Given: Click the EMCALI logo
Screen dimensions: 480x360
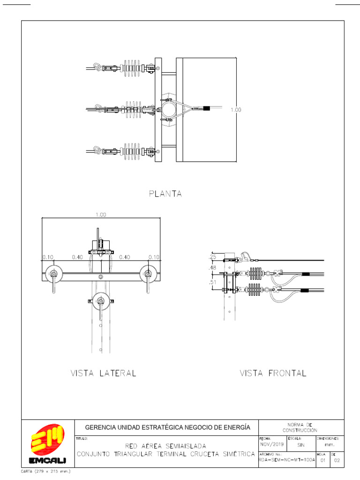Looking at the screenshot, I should [48, 445].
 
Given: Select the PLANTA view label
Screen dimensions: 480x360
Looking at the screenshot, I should [165, 193].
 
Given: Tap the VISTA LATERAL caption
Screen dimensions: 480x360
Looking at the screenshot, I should [103, 374].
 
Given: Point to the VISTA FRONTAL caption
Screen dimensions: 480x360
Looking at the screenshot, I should [273, 374].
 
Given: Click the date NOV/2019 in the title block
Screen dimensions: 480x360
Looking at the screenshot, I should [272, 444].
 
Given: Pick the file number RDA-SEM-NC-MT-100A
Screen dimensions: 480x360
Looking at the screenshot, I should [287, 460].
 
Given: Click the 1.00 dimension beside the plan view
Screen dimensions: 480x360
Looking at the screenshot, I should [235, 110].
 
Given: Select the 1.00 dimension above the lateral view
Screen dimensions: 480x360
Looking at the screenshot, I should [101, 215].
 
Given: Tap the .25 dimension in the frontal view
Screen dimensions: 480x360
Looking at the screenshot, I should [212, 257].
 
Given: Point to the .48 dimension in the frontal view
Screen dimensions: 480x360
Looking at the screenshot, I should [212, 268].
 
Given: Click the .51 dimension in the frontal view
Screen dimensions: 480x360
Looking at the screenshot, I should [212, 283].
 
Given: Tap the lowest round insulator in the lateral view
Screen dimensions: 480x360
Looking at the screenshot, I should [101, 299].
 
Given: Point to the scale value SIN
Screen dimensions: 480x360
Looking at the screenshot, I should [300, 444].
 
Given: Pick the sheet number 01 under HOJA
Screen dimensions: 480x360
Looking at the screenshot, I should [322, 461].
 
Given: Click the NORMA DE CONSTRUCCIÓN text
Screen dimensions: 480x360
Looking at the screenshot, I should [300, 427].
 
